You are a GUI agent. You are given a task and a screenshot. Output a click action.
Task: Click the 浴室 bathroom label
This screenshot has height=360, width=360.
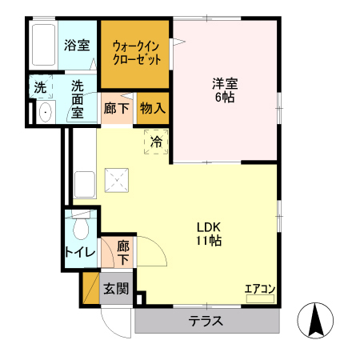click(x=76, y=46)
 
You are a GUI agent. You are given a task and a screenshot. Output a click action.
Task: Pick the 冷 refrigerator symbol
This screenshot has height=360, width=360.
click(x=157, y=142)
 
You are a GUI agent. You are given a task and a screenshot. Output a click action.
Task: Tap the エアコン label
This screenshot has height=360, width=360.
click(x=260, y=289)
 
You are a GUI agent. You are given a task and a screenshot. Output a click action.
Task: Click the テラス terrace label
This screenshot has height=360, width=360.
click(x=206, y=322)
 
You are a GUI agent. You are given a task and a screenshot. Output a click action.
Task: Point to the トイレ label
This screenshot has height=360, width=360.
click(x=80, y=254)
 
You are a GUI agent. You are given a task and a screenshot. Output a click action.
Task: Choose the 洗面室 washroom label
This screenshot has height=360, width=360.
click(x=77, y=98)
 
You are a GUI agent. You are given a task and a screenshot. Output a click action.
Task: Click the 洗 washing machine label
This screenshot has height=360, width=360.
click(x=39, y=86)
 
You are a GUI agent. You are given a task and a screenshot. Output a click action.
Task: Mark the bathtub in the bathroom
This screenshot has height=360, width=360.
click(x=43, y=46)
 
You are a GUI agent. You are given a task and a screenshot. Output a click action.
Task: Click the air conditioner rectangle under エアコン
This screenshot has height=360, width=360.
click(x=260, y=299)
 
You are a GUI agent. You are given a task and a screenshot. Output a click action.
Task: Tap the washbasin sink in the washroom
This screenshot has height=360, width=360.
click(x=44, y=112)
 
